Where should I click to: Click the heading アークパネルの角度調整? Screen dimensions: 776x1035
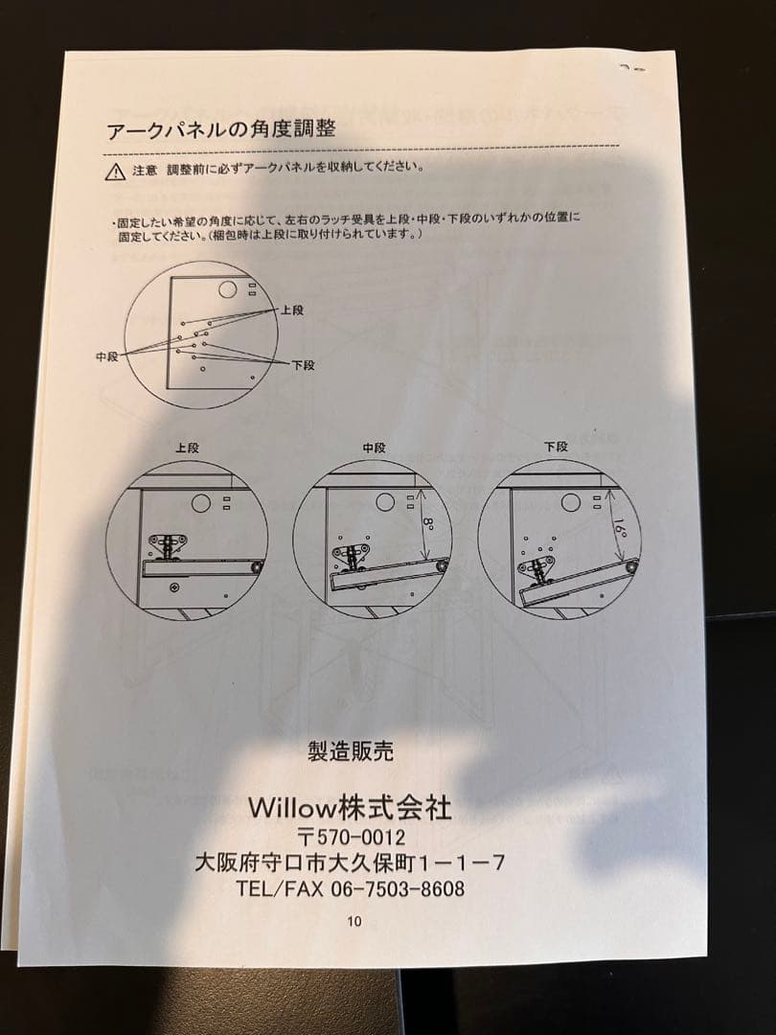[x=221, y=129]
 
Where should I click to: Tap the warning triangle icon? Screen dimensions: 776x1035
[x=116, y=172]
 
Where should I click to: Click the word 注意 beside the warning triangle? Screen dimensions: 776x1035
[x=145, y=171]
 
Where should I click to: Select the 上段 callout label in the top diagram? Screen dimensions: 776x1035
[x=291, y=310]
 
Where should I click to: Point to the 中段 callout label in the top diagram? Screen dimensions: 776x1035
[x=107, y=357]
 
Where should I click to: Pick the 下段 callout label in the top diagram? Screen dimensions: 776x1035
[x=304, y=365]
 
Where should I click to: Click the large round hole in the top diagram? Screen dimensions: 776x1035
[x=228, y=288]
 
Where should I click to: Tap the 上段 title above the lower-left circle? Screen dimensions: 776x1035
[x=187, y=448]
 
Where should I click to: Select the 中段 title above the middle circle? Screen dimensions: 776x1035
[x=374, y=448]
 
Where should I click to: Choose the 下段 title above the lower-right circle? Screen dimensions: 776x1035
[x=556, y=447]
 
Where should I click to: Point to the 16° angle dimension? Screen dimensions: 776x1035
[x=620, y=528]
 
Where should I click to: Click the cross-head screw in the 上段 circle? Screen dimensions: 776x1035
[x=174, y=586]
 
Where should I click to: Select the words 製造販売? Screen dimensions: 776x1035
[x=351, y=751]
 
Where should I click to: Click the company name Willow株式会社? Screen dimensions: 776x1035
[x=350, y=807]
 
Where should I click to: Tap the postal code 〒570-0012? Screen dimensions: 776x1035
[x=351, y=838]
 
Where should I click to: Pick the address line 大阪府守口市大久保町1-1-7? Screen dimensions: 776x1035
[x=350, y=862]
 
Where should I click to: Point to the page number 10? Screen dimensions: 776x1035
[x=354, y=922]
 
